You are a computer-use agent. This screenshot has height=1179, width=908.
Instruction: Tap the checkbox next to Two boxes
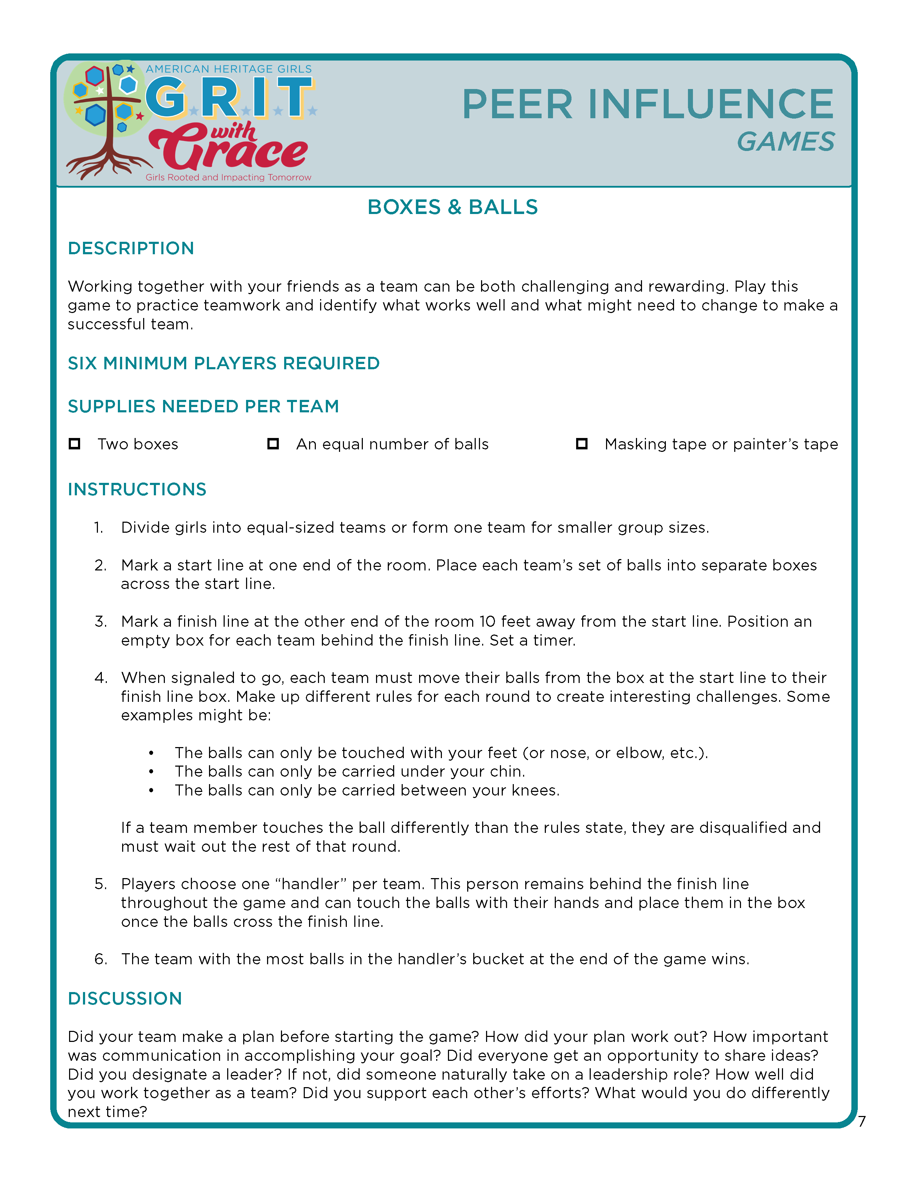pyautogui.click(x=74, y=444)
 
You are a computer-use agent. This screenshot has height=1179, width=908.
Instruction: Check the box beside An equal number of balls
pyautogui.click(x=273, y=444)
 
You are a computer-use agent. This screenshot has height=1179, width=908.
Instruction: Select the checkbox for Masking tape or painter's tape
pyautogui.click(x=581, y=444)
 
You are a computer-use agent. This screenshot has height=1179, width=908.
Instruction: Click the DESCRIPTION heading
pyautogui.click(x=131, y=248)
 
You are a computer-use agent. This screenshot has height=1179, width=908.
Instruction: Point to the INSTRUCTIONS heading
pyautogui.click(x=137, y=489)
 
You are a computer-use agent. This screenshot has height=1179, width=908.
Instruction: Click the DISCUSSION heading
pyautogui.click(x=125, y=998)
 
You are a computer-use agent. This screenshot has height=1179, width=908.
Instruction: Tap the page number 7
pyautogui.click(x=862, y=1121)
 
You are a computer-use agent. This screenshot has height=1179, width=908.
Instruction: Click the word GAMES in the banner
pyautogui.click(x=786, y=142)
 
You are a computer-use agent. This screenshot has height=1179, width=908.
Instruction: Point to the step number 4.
pyautogui.click(x=100, y=678)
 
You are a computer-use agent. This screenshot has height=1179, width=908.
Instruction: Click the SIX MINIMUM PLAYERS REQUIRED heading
pyautogui.click(x=224, y=363)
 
